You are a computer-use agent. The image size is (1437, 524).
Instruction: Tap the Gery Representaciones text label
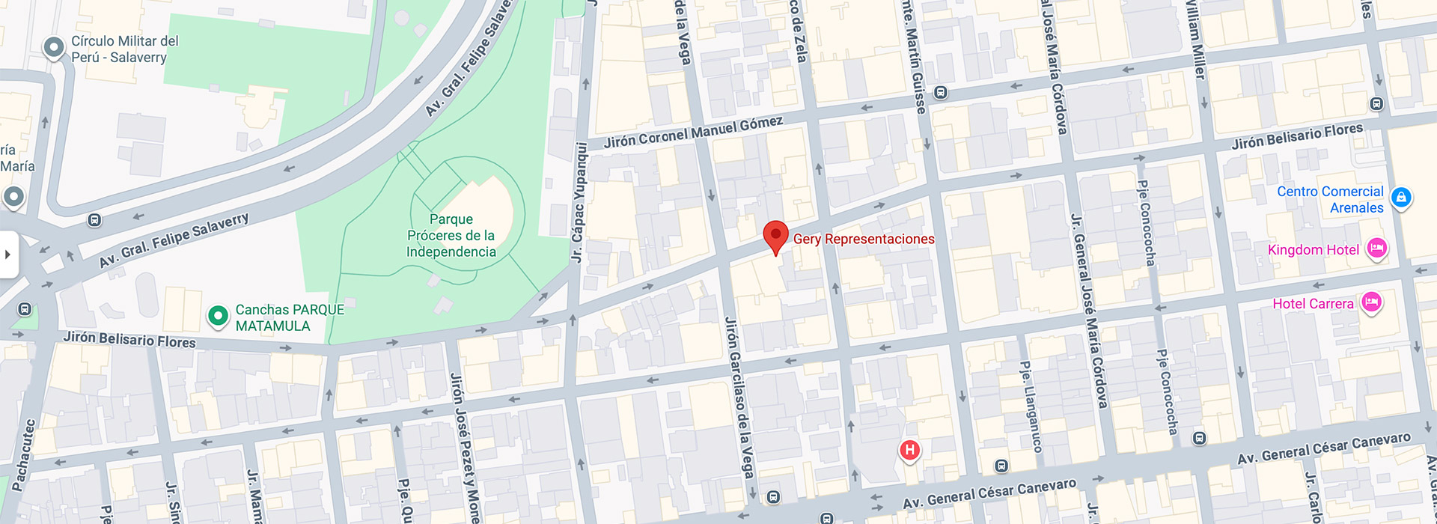[x=864, y=239]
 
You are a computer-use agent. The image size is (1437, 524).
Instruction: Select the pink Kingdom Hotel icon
[x=1376, y=249]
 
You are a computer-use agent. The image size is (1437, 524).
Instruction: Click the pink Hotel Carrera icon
[x=1371, y=302]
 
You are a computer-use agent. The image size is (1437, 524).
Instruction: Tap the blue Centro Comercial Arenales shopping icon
[x=1401, y=198]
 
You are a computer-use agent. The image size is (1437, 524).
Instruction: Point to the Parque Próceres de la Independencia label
[x=451, y=235]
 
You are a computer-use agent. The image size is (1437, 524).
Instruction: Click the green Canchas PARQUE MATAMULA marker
[x=218, y=317]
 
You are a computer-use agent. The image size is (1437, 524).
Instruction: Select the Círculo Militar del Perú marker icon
[x=53, y=48]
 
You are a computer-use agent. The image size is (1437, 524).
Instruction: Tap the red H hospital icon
[x=909, y=450]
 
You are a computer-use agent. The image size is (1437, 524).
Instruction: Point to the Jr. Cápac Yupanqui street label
[x=578, y=202]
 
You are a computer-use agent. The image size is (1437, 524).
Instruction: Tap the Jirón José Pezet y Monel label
[x=464, y=446]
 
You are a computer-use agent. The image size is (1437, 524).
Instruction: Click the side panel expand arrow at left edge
[x=8, y=255]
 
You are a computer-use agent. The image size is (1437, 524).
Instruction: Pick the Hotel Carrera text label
[x=1313, y=304]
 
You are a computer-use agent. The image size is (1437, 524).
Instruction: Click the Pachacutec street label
[x=24, y=456]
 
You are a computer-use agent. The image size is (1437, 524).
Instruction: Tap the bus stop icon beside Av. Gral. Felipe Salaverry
[x=94, y=220]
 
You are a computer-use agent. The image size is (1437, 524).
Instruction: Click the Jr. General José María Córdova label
[x=1089, y=311]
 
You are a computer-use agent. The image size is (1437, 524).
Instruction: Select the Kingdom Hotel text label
[x=1313, y=250]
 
